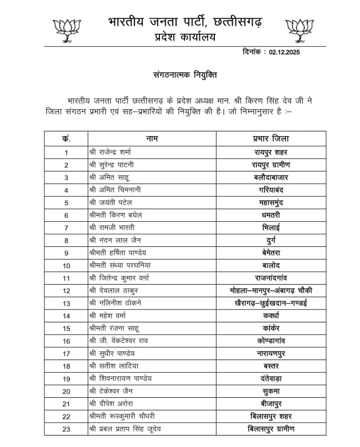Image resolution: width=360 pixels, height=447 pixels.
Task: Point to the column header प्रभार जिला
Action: [x=271, y=138]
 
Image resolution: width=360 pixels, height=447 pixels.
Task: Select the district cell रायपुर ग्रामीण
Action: [x=271, y=165]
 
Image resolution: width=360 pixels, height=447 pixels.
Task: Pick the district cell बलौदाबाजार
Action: [x=271, y=178]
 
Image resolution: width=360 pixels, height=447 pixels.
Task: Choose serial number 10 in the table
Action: [x=66, y=266]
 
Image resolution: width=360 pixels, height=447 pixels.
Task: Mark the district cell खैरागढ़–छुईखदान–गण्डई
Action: [x=271, y=303]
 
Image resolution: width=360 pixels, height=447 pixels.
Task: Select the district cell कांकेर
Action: [x=271, y=328]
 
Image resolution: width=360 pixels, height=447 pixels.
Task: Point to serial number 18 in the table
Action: [x=66, y=366]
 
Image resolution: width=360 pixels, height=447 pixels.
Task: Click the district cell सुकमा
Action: [x=271, y=391]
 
